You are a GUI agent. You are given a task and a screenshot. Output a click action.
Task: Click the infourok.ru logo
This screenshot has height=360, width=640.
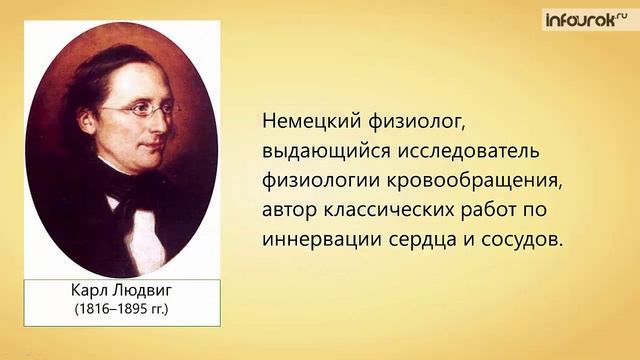click(589, 19)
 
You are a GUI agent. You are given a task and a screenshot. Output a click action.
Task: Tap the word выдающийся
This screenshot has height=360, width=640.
click(323, 151)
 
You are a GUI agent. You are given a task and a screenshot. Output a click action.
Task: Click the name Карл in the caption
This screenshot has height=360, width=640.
click(84, 291)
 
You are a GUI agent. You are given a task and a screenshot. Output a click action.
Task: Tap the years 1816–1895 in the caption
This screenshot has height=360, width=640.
click(113, 309)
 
